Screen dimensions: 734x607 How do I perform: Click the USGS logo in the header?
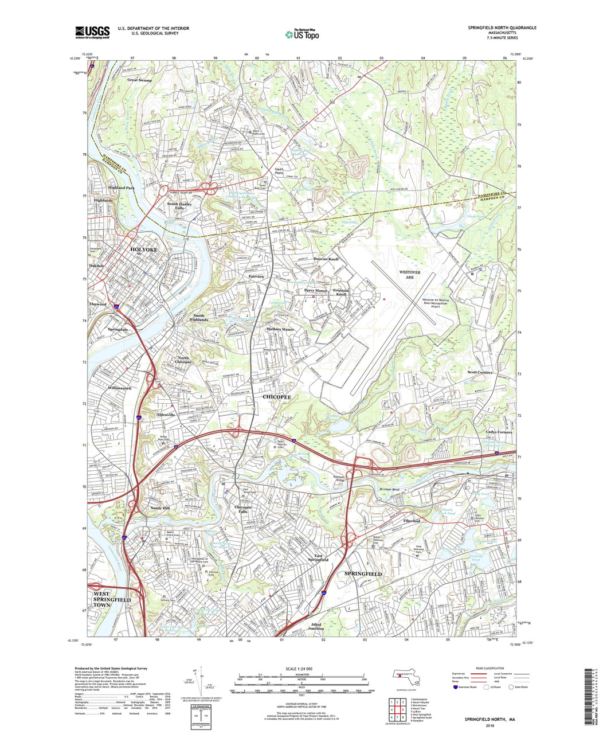[92, 33]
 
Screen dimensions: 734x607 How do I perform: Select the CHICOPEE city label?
[277, 397]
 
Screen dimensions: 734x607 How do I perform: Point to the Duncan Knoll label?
[326, 259]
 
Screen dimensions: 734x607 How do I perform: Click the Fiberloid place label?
[412, 521]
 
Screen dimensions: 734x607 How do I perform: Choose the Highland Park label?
[122, 188]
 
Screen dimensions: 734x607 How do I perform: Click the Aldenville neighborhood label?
[165, 415]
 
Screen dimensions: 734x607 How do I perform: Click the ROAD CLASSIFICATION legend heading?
[488, 669]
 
